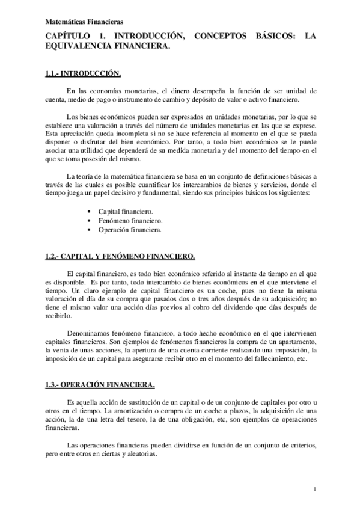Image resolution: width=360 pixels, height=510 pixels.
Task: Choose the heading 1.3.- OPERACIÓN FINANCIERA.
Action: coord(100,384)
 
